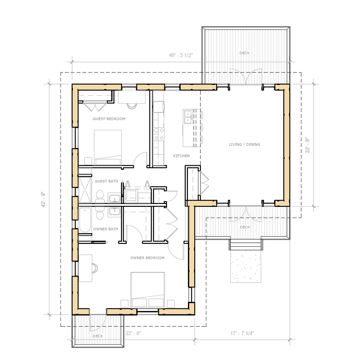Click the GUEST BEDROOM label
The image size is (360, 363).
(x=109, y=119)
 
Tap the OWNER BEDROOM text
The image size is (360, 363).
(x=147, y=258)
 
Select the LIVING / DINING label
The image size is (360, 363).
(x=244, y=145)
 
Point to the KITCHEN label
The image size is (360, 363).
(x=181, y=156)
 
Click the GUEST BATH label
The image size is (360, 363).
(x=106, y=181)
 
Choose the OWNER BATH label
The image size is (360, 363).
(x=105, y=229)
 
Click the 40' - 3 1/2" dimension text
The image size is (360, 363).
(x=181, y=55)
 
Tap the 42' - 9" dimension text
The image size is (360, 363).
(x=43, y=199)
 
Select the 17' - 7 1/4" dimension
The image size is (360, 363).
(x=242, y=333)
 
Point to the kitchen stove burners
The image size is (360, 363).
(x=159, y=134)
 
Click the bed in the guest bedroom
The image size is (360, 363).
(x=108, y=148)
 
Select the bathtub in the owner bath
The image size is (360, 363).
(x=85, y=220)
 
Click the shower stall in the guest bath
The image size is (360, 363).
(x=85, y=190)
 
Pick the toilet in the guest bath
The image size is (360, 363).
(x=100, y=196)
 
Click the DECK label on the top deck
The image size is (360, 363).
(x=245, y=53)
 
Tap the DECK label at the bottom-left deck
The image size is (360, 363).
(x=98, y=336)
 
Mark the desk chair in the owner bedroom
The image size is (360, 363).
(x=95, y=268)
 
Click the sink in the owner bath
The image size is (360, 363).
(x=114, y=212)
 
